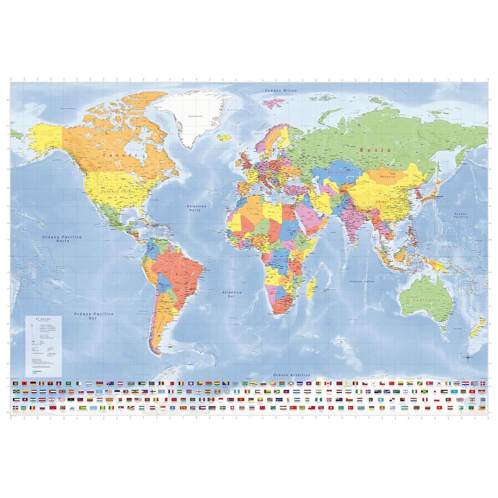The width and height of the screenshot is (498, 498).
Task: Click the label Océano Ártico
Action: click(x=281, y=90)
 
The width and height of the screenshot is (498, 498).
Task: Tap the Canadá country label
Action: click(x=120, y=155)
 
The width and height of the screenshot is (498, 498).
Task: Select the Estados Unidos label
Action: click(x=119, y=192)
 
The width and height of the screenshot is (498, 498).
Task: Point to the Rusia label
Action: click(x=375, y=150)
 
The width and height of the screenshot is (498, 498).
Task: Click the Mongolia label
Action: click(x=387, y=177)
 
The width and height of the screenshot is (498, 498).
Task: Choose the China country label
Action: click(x=381, y=202)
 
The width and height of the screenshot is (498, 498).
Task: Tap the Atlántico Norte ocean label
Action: click(x=196, y=208)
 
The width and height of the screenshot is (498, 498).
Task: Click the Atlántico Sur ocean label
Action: click(x=232, y=294)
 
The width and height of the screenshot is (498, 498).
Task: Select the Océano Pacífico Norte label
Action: click(x=62, y=239)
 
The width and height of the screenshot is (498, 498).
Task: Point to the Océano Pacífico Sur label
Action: click(x=93, y=316)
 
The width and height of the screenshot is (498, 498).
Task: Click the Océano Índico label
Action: click(x=362, y=282)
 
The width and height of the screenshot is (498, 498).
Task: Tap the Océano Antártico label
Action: click(x=291, y=375)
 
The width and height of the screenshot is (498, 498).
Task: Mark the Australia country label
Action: click(x=426, y=300)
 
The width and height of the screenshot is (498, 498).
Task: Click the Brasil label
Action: click(x=182, y=275)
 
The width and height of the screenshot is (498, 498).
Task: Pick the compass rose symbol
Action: click(x=468, y=358)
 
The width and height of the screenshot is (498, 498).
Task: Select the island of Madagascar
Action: click(x=311, y=286)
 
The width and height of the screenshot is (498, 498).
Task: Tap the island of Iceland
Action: click(x=225, y=137)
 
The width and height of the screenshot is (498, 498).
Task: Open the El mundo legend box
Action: click(x=43, y=346)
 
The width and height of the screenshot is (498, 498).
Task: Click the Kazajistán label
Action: click(x=339, y=173)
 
